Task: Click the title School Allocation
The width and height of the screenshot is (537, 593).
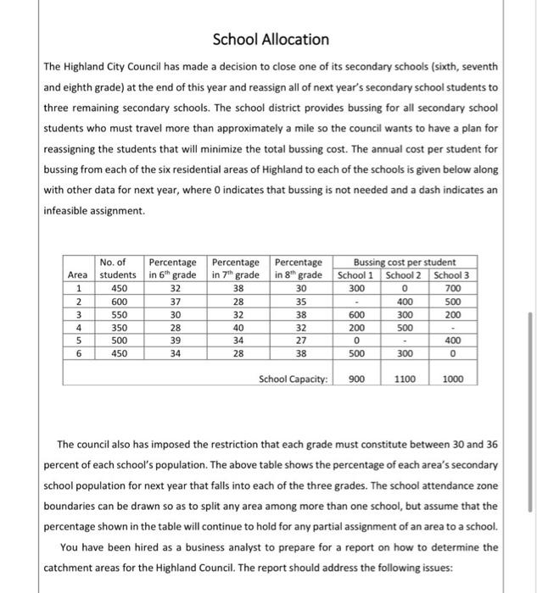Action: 270,39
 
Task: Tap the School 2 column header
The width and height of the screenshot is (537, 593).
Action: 404,275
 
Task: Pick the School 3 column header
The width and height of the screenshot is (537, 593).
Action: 453,275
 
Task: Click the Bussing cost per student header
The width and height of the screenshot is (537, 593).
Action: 404,263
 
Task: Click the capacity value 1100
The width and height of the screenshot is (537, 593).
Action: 404,379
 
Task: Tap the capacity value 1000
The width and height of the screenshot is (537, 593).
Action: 453,379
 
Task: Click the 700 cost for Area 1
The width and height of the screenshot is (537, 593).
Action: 453,288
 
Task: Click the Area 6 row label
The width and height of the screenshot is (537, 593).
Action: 77,353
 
